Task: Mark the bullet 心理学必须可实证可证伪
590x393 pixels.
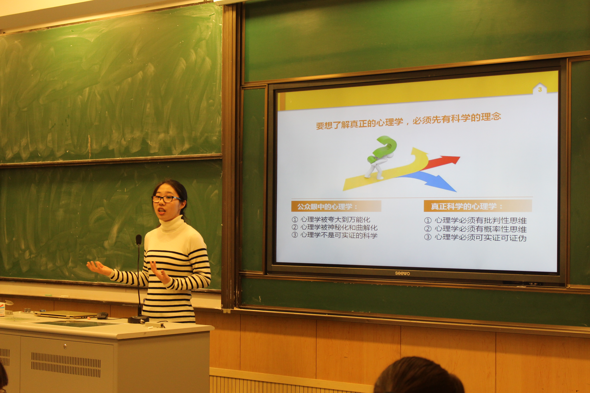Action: click(x=480, y=237)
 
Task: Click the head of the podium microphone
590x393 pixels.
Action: click(x=139, y=240)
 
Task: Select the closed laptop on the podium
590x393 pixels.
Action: click(x=66, y=315)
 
